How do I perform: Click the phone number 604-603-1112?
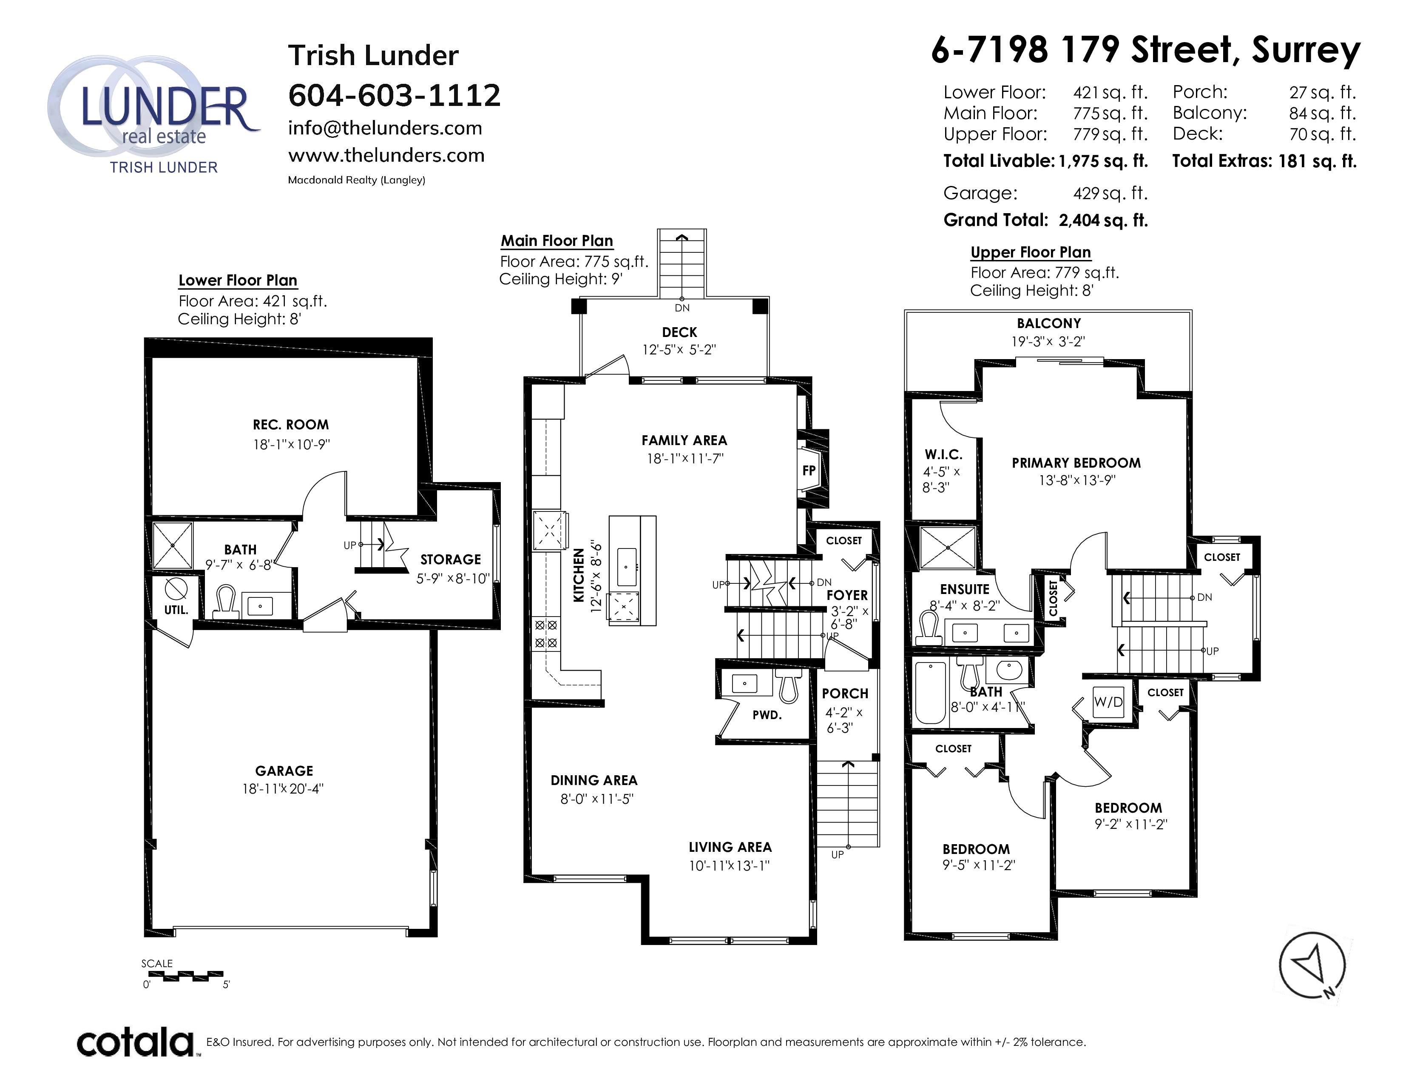click(x=394, y=95)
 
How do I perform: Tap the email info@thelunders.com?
click(x=385, y=128)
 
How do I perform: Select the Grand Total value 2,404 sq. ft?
click(x=1103, y=220)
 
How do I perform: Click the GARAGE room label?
click(x=284, y=771)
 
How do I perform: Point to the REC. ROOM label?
click(x=290, y=425)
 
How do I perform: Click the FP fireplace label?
click(x=809, y=471)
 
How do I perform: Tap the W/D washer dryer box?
click(x=1108, y=702)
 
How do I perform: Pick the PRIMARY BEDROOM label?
click(x=1076, y=463)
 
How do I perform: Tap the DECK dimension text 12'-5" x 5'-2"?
click(x=679, y=350)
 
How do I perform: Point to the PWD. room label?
click(x=767, y=715)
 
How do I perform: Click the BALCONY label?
click(x=1048, y=323)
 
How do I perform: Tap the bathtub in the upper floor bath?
click(x=929, y=693)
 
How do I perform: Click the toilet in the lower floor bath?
click(x=224, y=602)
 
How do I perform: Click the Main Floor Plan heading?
click(x=557, y=241)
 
